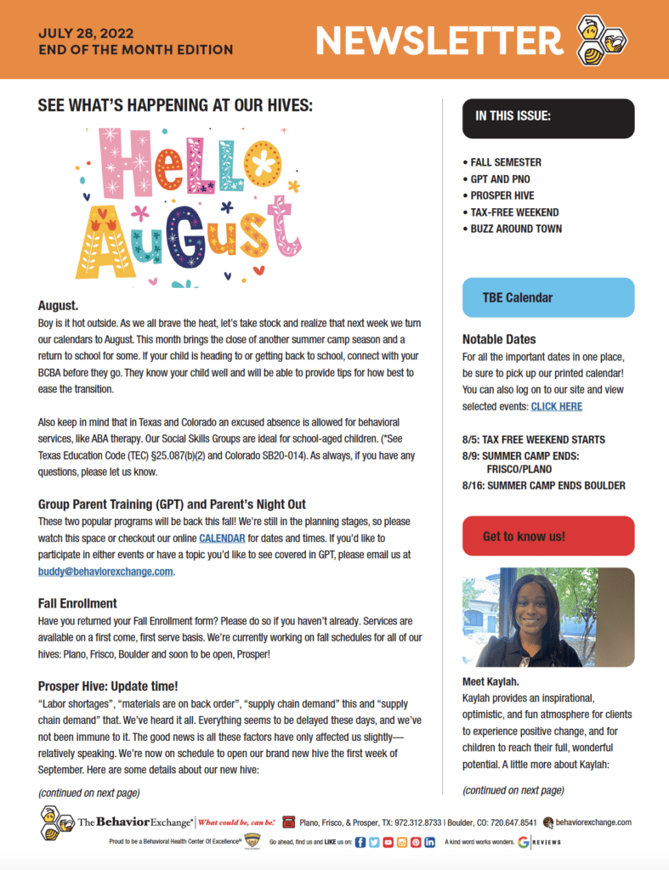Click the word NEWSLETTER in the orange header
click(439, 40)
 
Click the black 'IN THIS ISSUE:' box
click(548, 117)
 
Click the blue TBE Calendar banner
click(548, 297)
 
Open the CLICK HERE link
click(556, 407)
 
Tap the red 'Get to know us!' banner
click(548, 536)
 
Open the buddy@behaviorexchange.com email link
click(105, 571)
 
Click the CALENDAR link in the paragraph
click(222, 538)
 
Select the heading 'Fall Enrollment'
click(77, 603)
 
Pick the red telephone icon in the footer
click(288, 822)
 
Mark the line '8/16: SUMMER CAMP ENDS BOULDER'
click(543, 485)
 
